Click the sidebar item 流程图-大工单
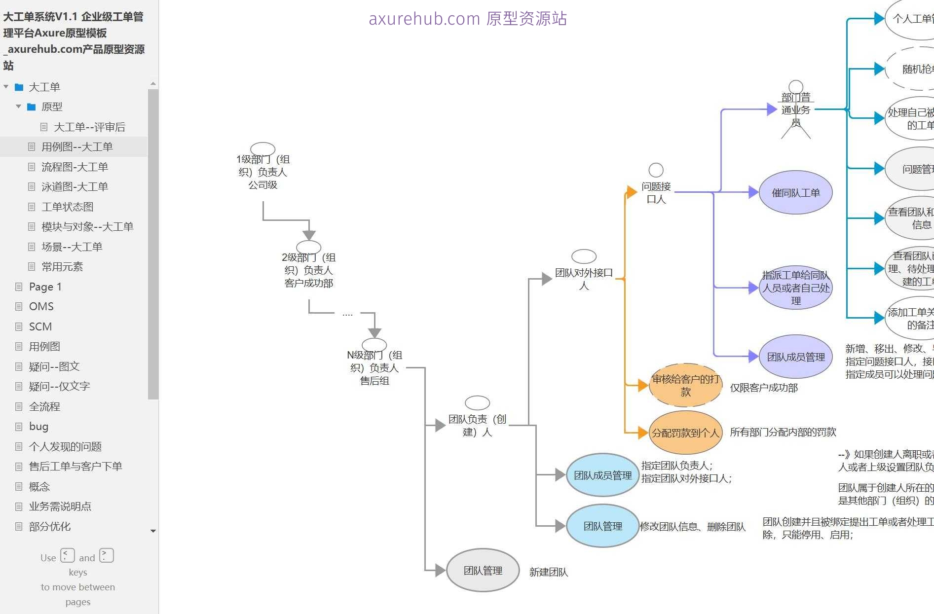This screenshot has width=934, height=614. pyautogui.click(x=75, y=167)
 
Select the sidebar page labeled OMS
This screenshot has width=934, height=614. pyautogui.click(x=41, y=306)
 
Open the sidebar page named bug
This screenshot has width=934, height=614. pyautogui.click(x=38, y=426)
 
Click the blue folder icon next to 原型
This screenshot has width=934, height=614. pyautogui.click(x=32, y=107)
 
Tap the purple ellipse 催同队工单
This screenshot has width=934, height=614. pyautogui.click(x=795, y=193)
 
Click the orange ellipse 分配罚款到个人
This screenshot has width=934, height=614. pyautogui.click(x=685, y=433)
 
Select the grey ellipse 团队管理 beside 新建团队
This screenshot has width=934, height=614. pyautogui.click(x=483, y=571)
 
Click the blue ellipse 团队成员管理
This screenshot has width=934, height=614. pyautogui.click(x=602, y=475)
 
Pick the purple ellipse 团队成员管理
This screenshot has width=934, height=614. pyautogui.click(x=795, y=357)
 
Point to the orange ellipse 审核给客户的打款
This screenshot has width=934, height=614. pyautogui.click(x=685, y=385)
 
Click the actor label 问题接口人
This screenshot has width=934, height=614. pyautogui.click(x=656, y=193)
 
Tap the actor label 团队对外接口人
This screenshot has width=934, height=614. pyautogui.click(x=584, y=279)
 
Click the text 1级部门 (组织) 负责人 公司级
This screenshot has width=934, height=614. pyautogui.click(x=262, y=172)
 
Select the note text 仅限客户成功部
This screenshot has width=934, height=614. pyautogui.click(x=763, y=388)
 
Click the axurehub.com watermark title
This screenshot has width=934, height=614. pyautogui.click(x=467, y=19)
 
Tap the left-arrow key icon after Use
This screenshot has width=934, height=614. pyautogui.click(x=68, y=556)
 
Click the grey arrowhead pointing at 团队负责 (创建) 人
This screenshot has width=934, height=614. pyautogui.click(x=440, y=425)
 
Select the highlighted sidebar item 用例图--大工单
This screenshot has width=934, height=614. pyautogui.click(x=77, y=146)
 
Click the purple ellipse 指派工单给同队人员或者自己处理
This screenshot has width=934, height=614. pyautogui.click(x=795, y=288)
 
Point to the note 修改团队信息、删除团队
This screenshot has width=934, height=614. pyautogui.click(x=692, y=527)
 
